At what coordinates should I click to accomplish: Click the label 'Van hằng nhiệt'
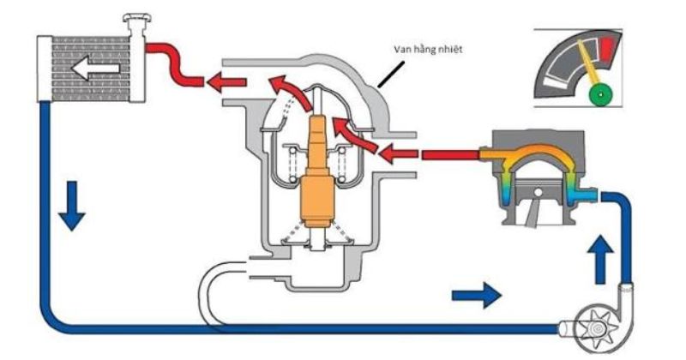(428, 48)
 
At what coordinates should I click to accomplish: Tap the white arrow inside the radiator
(95, 68)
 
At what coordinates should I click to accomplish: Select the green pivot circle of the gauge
(602, 94)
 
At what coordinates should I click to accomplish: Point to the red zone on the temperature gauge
(606, 47)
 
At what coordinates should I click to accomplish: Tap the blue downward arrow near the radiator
(71, 206)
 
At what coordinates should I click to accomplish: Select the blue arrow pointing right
(477, 295)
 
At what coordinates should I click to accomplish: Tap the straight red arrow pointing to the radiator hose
(226, 81)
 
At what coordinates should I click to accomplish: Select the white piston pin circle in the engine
(539, 192)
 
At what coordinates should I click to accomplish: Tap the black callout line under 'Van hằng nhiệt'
(391, 75)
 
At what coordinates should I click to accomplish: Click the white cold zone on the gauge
(554, 82)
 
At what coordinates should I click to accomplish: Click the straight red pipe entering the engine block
(449, 155)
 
